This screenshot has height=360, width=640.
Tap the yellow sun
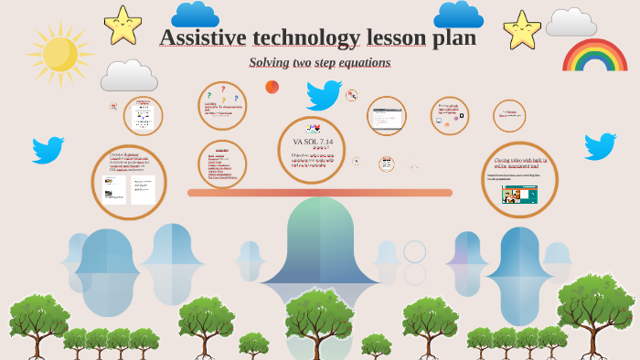pyautogui.click(x=59, y=54)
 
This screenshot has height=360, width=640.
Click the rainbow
pyautogui.click(x=594, y=56)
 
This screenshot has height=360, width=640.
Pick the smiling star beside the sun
pyautogui.click(x=123, y=25)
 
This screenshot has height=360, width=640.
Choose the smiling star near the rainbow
pyautogui.click(x=522, y=29)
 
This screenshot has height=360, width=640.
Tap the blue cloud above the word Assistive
pyautogui.click(x=195, y=14)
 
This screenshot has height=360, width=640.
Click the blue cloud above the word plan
pyautogui.click(x=458, y=14)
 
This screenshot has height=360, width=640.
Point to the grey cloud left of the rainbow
pyautogui.click(x=571, y=23)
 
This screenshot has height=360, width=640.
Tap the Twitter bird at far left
pyautogui.click(x=48, y=149)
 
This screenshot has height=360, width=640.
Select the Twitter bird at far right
pyautogui.click(x=600, y=145)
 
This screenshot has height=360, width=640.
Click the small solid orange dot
pyautogui.click(x=272, y=87)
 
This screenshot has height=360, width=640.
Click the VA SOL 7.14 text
pyautogui.click(x=312, y=142)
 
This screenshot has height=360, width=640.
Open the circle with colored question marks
pyautogui.click(x=222, y=105)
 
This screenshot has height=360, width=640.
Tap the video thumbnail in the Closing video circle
pyautogui.click(x=519, y=195)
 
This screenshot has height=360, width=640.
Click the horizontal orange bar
pyautogui.click(x=320, y=193)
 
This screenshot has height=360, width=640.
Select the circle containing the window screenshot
pyautogui.click(x=386, y=116)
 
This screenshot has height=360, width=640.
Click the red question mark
pyautogui.click(x=222, y=89)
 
